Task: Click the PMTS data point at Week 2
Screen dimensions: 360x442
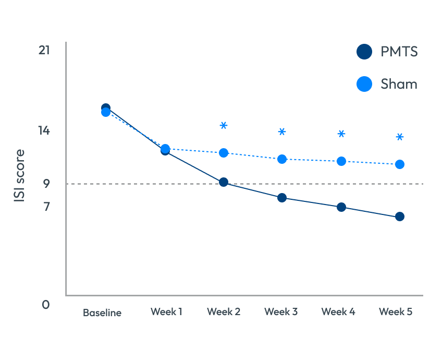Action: (224, 182)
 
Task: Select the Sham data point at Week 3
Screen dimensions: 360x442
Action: (282, 159)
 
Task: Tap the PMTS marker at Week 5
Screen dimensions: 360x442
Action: (400, 217)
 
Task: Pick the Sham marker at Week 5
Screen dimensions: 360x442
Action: (400, 164)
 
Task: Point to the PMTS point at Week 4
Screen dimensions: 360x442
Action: (341, 207)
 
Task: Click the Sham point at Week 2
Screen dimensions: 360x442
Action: (224, 153)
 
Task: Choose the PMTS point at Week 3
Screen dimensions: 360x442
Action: (282, 198)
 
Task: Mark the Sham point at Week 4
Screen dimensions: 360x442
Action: (341, 161)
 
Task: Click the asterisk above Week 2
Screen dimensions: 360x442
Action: (224, 125)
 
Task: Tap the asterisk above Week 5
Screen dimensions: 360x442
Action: (400, 137)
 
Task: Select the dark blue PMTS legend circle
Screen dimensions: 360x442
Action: (364, 52)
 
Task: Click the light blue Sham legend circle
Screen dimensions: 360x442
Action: (364, 84)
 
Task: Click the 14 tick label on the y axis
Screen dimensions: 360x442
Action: (44, 130)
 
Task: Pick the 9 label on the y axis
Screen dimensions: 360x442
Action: (46, 184)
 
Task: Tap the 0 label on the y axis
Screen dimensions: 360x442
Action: (46, 304)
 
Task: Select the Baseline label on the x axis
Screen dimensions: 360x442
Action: (102, 313)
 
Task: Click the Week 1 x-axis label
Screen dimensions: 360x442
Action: (166, 312)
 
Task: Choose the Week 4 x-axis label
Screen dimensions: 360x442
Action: (338, 312)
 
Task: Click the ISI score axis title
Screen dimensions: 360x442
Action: (19, 176)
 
